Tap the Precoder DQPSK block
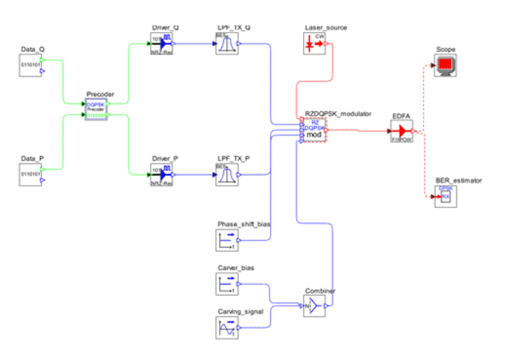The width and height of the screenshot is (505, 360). tap(96, 109)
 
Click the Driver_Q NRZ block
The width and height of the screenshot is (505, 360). tap(161, 43)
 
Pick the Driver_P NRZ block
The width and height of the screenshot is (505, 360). tap(161, 175)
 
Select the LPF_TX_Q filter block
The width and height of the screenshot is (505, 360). tap(226, 43)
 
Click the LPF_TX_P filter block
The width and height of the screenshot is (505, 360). tap(226, 175)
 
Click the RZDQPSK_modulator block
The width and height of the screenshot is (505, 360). tap(314, 130)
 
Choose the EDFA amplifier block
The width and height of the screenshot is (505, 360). tap(402, 131)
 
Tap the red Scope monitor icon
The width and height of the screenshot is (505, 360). tap(446, 65)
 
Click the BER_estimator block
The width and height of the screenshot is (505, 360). tap(445, 196)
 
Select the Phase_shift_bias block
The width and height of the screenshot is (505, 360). tap(226, 240)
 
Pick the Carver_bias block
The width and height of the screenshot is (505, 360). tap(226, 284)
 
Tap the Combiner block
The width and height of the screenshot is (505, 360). tap(314, 306)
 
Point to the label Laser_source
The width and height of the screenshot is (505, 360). tap(326, 28)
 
